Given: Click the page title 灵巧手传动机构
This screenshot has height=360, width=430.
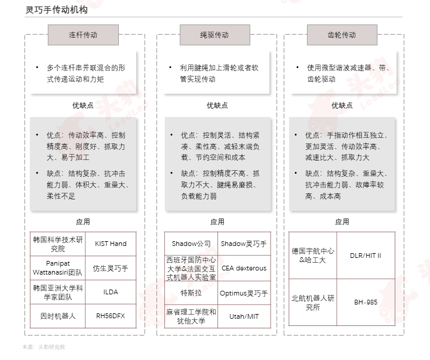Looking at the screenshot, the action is click(x=57, y=10).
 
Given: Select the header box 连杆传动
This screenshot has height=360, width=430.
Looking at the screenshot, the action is click(x=84, y=35).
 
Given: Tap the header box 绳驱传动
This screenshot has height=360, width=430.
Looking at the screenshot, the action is click(x=215, y=35).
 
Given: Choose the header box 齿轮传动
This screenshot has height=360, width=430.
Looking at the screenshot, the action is click(x=342, y=35).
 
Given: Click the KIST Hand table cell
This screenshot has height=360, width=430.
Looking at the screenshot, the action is click(x=111, y=244).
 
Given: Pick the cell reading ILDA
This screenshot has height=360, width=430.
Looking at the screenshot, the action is click(x=111, y=292).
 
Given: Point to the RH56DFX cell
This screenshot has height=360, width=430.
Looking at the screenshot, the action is click(x=111, y=316).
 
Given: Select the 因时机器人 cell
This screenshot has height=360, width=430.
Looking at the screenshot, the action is click(x=58, y=316).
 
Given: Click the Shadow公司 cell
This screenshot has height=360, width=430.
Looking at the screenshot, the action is click(x=191, y=244).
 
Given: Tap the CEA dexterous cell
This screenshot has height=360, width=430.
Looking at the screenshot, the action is click(x=244, y=268).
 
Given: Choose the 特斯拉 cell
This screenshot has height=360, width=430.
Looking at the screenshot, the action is click(x=191, y=293).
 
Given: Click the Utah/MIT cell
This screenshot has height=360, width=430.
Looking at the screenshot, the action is click(x=244, y=316).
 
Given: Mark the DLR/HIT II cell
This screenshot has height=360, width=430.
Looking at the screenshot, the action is click(x=366, y=256).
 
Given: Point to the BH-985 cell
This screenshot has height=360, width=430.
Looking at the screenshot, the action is click(x=366, y=302).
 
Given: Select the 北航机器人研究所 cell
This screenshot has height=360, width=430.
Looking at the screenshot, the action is click(x=313, y=302).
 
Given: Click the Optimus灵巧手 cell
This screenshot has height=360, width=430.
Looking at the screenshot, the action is click(x=244, y=293).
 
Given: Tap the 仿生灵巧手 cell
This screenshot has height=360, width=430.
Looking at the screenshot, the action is click(x=111, y=268).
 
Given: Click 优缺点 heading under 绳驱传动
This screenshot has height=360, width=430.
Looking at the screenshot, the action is click(x=217, y=105).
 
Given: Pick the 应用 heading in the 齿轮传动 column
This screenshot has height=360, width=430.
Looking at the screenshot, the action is click(x=342, y=222).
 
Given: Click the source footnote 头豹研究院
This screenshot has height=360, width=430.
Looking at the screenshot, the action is click(x=51, y=347).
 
